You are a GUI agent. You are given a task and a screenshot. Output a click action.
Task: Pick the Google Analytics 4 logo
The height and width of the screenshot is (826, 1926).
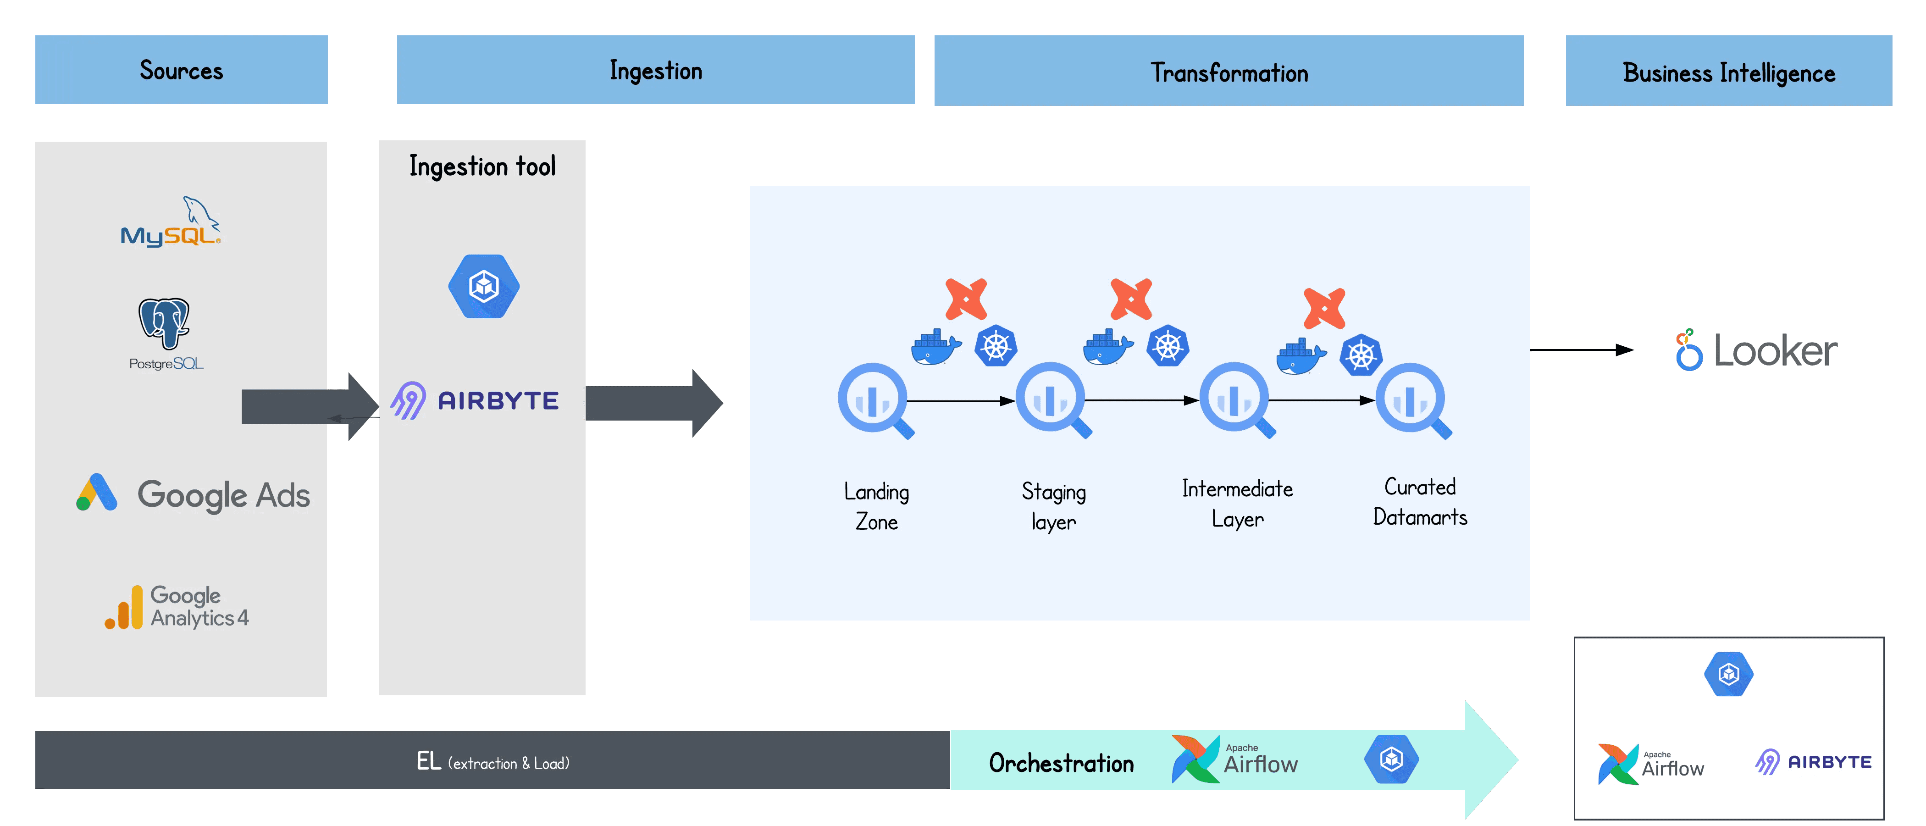[177, 607]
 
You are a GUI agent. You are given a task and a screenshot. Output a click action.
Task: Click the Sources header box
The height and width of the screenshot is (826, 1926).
[181, 70]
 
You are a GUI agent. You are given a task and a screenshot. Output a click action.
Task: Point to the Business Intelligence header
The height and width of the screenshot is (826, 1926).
[1729, 71]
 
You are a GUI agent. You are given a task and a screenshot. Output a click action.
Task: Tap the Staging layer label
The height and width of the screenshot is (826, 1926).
[1053, 506]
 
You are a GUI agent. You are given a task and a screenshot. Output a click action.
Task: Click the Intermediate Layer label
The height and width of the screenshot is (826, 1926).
[1237, 503]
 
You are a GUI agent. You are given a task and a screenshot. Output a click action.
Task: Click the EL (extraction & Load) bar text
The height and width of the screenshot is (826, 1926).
[493, 762]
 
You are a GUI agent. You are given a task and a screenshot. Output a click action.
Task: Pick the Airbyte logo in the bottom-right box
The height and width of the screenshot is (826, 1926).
[1813, 762]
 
